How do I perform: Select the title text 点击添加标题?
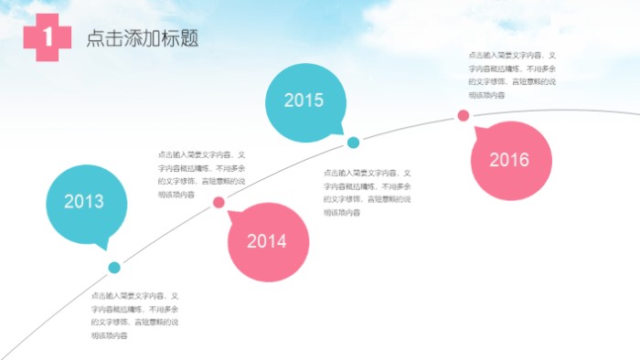tap(143, 38)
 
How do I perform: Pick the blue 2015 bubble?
tap(304, 100)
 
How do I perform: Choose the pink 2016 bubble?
tap(511, 160)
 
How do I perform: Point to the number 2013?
tap(84, 202)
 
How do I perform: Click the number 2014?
tap(267, 241)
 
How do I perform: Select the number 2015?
tap(304, 101)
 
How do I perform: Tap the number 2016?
tap(509, 160)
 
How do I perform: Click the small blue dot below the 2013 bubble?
tap(114, 268)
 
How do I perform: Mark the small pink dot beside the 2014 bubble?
tap(219, 202)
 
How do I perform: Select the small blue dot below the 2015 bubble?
tap(353, 143)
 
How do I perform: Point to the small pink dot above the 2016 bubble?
tap(464, 115)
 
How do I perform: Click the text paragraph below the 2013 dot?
tap(134, 316)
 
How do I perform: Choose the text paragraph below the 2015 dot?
tap(367, 192)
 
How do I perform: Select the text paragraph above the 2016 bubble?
tap(512, 74)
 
